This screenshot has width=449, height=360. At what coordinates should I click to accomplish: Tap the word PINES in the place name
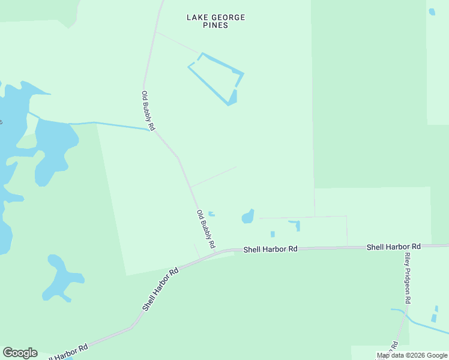click(215, 26)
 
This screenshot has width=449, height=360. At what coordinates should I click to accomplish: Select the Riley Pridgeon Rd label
click(408, 277)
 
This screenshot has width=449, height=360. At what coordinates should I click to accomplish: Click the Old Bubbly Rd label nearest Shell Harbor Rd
click(205, 229)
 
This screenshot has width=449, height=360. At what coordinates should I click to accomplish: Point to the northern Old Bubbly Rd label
click(148, 110)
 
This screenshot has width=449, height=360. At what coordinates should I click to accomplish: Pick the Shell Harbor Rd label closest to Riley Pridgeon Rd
click(393, 247)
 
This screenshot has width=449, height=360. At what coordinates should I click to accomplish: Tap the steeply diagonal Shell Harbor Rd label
click(161, 289)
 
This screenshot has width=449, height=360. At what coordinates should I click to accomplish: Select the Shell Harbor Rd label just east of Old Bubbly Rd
click(270, 248)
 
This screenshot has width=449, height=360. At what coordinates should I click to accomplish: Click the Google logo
click(20, 353)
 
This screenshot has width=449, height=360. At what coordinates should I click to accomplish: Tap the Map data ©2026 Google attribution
click(412, 356)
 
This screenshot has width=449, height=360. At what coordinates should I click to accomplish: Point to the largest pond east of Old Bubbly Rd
click(248, 217)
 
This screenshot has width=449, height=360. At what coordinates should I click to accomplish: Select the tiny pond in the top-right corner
click(432, 11)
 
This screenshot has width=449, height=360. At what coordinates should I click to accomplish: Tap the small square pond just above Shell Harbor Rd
click(273, 234)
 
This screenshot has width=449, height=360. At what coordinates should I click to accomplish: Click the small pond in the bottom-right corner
click(435, 317)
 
